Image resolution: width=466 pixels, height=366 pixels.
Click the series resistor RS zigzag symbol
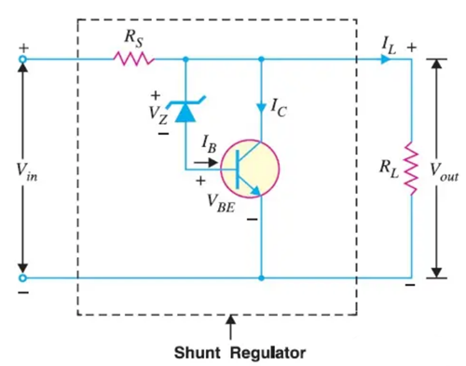(x=134, y=59)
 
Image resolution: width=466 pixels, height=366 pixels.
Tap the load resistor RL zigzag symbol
(x=411, y=169)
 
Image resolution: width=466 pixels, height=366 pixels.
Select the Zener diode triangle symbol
(x=185, y=112)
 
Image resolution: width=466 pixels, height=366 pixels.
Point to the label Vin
(x=27, y=172)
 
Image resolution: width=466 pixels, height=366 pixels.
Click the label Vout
(x=445, y=173)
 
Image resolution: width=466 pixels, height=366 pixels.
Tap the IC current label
(x=279, y=107)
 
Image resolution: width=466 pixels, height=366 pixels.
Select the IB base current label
(x=209, y=144)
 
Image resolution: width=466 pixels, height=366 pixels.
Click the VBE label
(x=221, y=203)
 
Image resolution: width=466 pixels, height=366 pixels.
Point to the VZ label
(x=158, y=115)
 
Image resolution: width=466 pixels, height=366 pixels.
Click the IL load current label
(x=389, y=47)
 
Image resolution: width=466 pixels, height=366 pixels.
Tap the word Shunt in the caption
(x=197, y=353)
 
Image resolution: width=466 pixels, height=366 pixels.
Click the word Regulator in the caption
(x=268, y=354)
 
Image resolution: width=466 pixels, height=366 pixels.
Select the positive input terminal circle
(x=22, y=59)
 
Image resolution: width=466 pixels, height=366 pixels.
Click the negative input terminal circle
(x=22, y=278)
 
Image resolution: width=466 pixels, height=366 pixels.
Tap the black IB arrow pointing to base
(x=205, y=162)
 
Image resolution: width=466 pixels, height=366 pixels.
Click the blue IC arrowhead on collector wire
(x=261, y=107)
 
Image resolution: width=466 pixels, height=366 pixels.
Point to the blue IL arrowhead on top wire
(x=386, y=59)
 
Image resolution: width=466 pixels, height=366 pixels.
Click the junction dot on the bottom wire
(x=261, y=278)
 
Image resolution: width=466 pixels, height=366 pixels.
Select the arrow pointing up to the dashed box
(x=230, y=327)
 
